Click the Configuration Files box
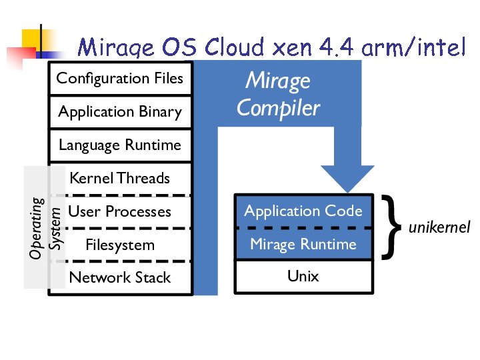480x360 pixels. (120, 79)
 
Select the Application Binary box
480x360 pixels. (120, 112)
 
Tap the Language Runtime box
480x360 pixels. (120, 145)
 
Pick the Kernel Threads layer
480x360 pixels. (120, 179)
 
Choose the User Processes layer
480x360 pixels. (120, 212)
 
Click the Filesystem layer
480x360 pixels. (120, 245)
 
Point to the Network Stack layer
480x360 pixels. (120, 278)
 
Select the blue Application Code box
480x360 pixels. (303, 211)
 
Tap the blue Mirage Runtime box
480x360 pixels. (303, 245)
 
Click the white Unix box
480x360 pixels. (303, 276)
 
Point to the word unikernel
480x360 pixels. (439, 227)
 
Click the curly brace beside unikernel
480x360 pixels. (393, 227)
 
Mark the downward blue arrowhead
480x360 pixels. (347, 179)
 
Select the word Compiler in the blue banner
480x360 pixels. (278, 108)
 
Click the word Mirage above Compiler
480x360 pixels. (278, 81)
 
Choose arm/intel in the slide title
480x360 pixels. (413, 48)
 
